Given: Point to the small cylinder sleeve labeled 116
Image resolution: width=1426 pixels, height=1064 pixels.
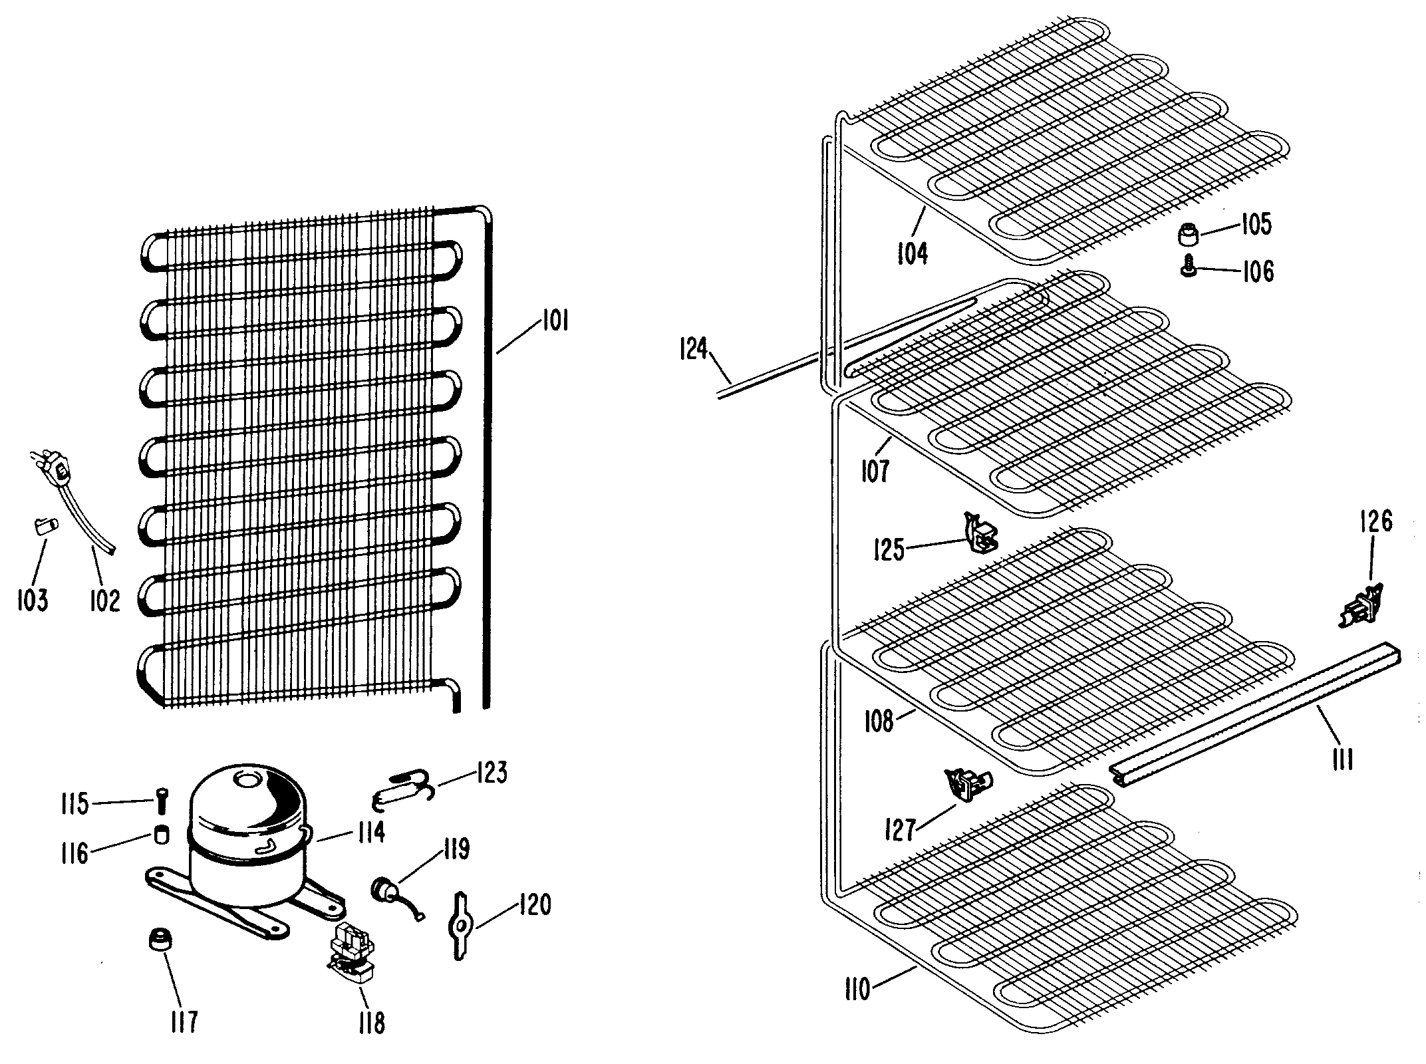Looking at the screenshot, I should click(160, 835).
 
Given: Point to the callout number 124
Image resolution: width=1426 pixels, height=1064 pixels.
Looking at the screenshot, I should click(693, 348).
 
